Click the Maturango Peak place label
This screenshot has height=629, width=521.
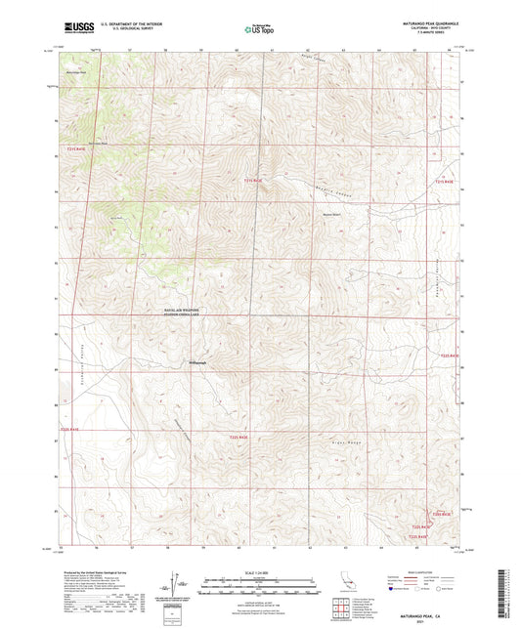(76, 71)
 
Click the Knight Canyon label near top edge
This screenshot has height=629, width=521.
(313, 58)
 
